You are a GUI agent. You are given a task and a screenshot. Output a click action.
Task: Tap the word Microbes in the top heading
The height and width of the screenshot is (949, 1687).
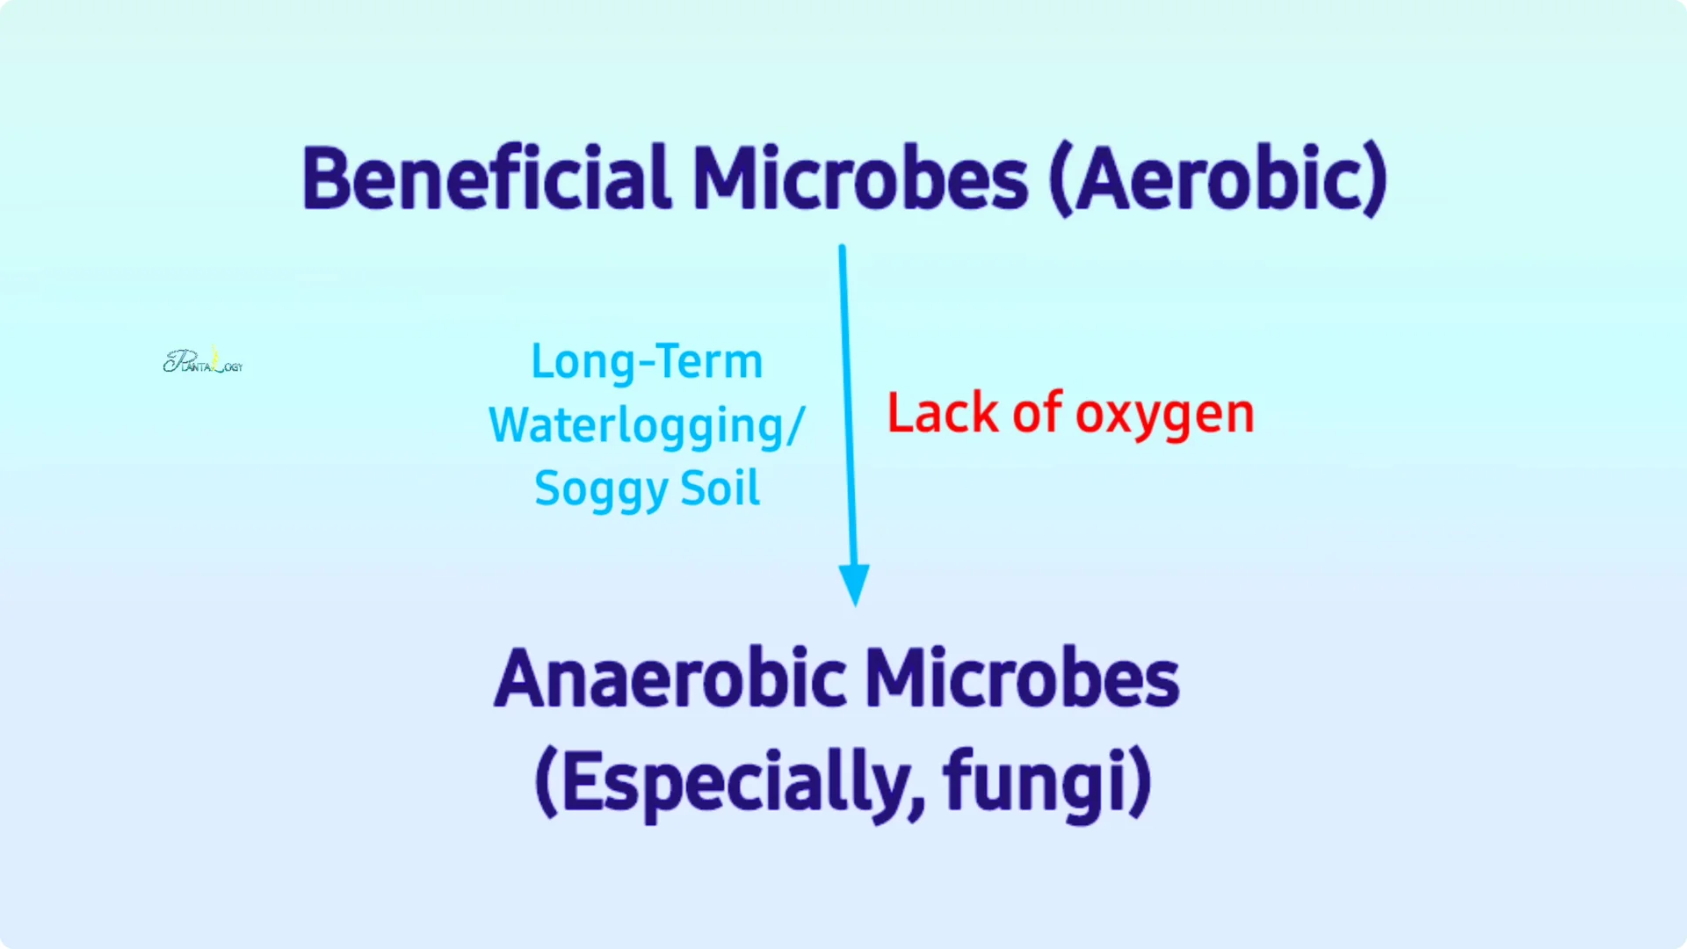coord(861,178)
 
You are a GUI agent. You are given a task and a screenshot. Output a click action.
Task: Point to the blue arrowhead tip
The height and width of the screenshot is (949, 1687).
coord(855,605)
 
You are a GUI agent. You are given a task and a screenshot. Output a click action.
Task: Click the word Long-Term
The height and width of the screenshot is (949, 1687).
coord(648,361)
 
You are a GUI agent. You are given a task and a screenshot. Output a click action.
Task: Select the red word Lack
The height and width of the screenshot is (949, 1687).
coord(943,413)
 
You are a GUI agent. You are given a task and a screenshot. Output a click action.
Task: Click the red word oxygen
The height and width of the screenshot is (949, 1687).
coord(1165,416)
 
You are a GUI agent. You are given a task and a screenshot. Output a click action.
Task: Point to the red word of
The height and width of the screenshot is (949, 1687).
coord(1038,412)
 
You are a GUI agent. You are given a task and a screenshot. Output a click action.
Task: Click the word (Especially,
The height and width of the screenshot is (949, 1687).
coord(730,782)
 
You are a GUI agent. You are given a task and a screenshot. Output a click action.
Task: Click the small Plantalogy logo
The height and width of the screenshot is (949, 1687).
coord(203,360)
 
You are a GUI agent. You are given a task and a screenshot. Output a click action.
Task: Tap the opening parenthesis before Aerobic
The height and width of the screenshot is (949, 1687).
coord(1061,180)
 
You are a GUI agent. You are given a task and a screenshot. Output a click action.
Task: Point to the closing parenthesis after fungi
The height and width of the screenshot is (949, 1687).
coord(1140,782)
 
